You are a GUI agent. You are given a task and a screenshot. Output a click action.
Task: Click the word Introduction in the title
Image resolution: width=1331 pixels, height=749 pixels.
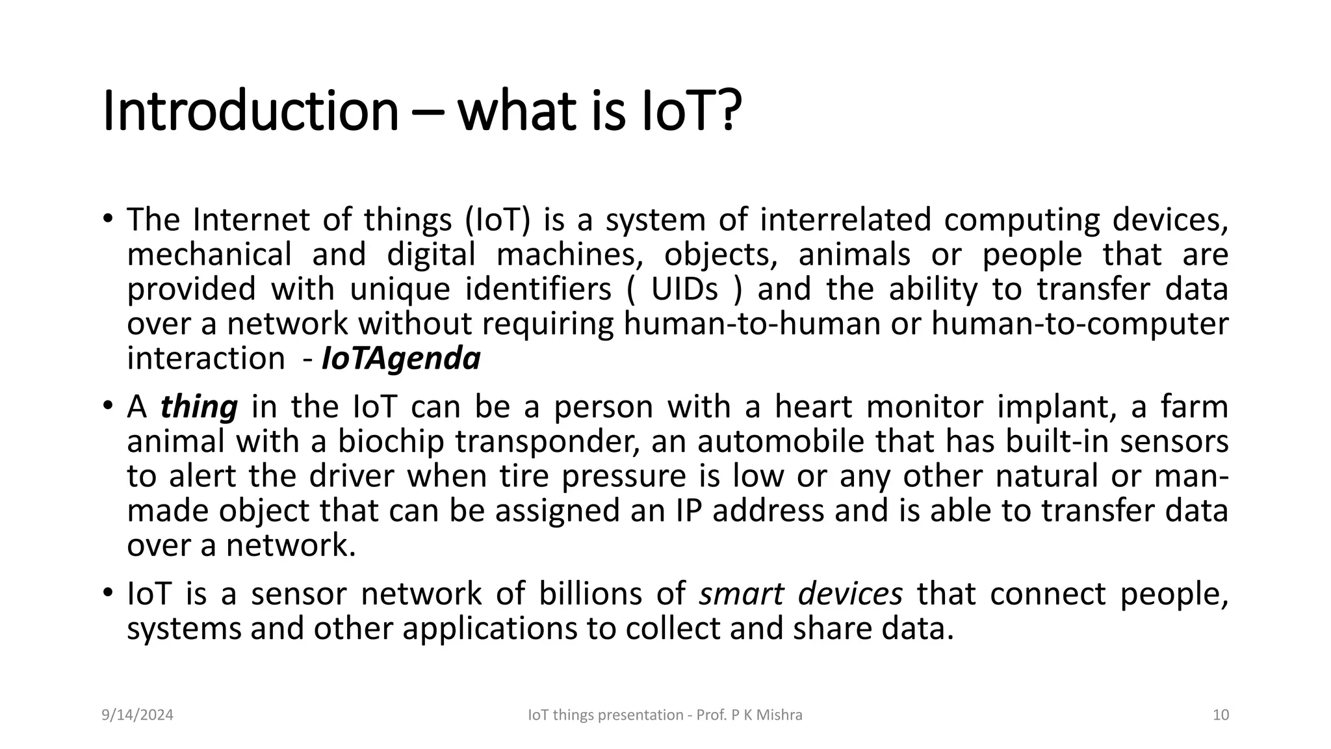[250, 112]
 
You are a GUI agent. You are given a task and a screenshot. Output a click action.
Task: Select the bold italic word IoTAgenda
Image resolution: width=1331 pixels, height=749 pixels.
[401, 358]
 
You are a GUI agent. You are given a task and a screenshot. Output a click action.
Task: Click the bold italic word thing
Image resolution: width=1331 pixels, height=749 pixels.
[199, 407]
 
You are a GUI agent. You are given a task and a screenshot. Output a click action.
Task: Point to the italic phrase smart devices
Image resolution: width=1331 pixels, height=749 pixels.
[801, 594]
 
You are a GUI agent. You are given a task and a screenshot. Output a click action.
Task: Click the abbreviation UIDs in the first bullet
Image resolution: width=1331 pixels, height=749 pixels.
[684, 289]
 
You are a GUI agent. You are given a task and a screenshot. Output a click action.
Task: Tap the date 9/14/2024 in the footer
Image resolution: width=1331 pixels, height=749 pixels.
[138, 715]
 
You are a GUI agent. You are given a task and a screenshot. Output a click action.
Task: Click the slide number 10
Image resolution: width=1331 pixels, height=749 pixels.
[1221, 715]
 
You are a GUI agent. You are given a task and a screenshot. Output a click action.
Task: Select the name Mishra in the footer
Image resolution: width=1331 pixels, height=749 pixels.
[781, 715]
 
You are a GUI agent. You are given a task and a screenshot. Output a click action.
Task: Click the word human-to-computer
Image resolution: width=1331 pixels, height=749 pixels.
[1079, 324]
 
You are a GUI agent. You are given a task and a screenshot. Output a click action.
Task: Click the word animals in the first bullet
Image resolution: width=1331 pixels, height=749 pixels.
[854, 254]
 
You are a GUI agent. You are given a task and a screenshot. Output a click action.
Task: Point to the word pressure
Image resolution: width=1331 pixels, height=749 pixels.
[623, 477]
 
